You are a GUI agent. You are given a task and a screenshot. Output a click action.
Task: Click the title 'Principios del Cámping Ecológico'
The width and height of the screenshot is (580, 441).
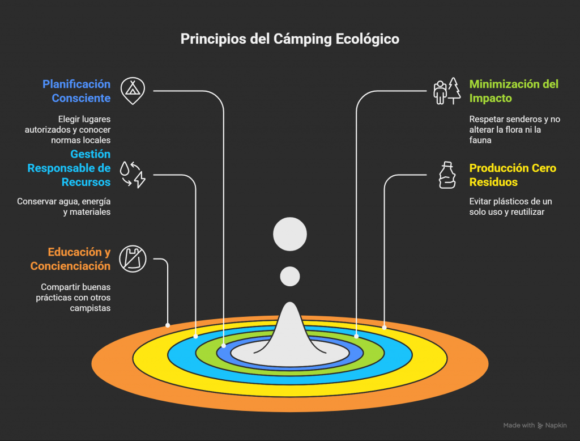pos(289,39)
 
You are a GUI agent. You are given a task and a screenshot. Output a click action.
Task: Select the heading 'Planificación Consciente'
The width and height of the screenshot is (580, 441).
pos(76,91)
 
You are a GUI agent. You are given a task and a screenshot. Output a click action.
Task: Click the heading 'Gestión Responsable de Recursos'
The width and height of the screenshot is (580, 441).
pos(70,168)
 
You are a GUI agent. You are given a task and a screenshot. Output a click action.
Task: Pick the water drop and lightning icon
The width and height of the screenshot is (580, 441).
pos(133,174)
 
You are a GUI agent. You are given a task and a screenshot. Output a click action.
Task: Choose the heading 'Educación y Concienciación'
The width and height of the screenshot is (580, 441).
pos(71,259)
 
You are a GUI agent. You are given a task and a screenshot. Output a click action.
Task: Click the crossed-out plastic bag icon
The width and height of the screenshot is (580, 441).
pos(133,259)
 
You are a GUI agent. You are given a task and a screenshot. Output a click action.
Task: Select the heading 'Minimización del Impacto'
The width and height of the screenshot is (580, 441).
pos(514,91)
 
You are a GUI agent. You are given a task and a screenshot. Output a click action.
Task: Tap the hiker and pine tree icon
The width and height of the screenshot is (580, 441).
pos(447,91)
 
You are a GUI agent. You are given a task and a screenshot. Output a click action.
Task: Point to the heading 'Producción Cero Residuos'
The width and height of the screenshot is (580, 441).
pos(513,175)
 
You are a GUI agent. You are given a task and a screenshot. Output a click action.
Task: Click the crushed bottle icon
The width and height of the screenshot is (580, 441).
pos(447,175)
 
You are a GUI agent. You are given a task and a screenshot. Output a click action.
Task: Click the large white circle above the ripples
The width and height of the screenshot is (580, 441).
pos(289,234)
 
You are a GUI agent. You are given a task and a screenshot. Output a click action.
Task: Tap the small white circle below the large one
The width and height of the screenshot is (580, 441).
pos(290,276)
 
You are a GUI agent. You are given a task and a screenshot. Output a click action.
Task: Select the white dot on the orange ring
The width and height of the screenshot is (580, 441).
pos(168,325)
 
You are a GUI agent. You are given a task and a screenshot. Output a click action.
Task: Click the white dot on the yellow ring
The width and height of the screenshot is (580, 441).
pos(384,327)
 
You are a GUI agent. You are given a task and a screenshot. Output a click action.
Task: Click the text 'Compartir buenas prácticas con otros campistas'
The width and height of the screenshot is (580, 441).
pos(75,298)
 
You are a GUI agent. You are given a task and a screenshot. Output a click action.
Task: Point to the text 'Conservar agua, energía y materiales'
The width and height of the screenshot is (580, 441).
pos(63,206)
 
